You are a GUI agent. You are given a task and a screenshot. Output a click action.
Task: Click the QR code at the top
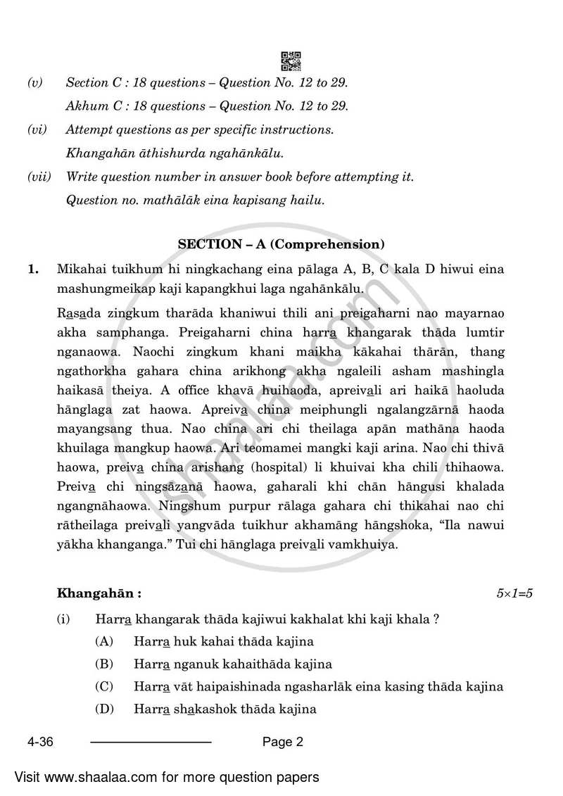[291, 61]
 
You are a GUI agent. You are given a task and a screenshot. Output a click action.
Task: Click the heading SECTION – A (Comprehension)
[281, 244]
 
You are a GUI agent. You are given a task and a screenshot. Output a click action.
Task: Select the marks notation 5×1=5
[514, 593]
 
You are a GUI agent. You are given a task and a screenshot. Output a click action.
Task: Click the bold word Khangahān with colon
[99, 593]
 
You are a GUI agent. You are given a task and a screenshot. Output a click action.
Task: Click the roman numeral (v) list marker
[34, 83]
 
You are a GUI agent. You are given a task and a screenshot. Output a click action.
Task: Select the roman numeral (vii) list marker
[39, 177]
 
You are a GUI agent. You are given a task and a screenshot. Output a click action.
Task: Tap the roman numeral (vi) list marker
[37, 130]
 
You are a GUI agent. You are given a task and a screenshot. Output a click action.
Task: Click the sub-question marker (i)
[64, 619]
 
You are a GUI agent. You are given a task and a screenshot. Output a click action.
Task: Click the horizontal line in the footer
[151, 742]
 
